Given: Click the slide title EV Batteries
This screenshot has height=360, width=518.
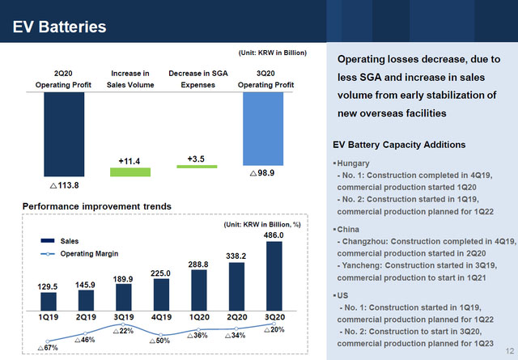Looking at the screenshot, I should click(x=60, y=28).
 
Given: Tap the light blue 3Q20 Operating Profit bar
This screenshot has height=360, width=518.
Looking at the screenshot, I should click(x=263, y=129).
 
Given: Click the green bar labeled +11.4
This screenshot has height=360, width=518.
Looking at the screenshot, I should click(x=129, y=172).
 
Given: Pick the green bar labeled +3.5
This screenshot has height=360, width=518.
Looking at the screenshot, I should click(x=197, y=166).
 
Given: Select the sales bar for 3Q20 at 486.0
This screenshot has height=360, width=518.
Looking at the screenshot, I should click(x=274, y=276).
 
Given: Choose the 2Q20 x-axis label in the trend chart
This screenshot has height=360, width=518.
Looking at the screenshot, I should click(x=236, y=317).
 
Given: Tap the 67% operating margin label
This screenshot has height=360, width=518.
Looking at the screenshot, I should click(x=48, y=348).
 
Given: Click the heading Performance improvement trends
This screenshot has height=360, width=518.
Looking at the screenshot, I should click(x=96, y=206).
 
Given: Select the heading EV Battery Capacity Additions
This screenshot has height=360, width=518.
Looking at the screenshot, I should click(x=398, y=145).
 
